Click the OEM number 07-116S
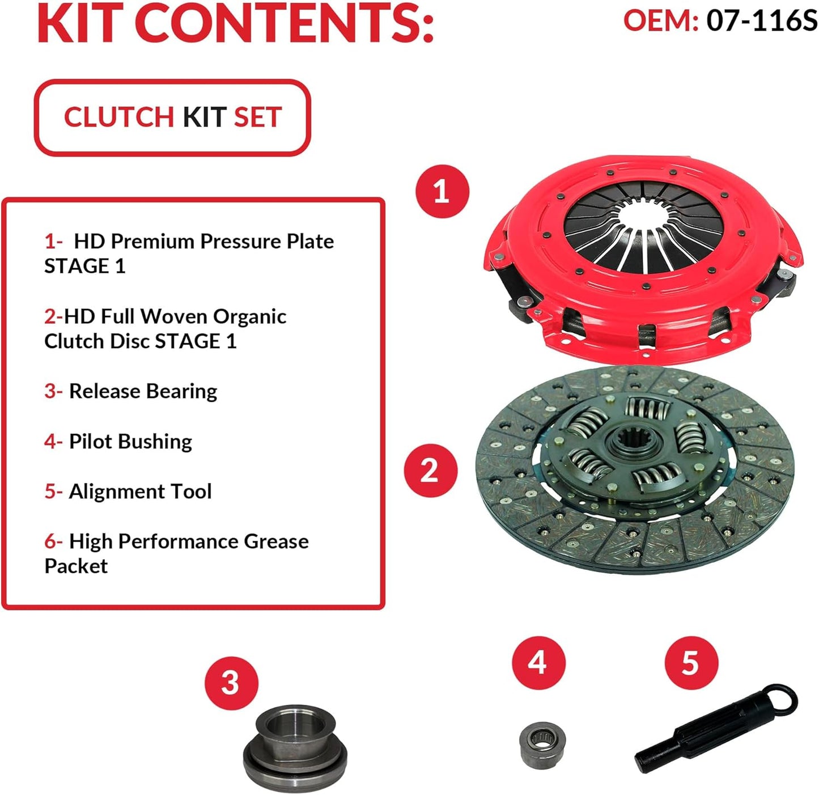761,20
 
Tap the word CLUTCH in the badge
118,117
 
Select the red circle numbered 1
442,192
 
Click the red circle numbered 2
430,471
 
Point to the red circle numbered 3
231,683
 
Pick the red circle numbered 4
538,662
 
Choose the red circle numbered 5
690,663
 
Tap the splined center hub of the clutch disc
633,444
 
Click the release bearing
290,743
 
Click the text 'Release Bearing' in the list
143,391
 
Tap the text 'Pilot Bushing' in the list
130,441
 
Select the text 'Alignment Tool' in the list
140,491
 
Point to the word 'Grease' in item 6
276,542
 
